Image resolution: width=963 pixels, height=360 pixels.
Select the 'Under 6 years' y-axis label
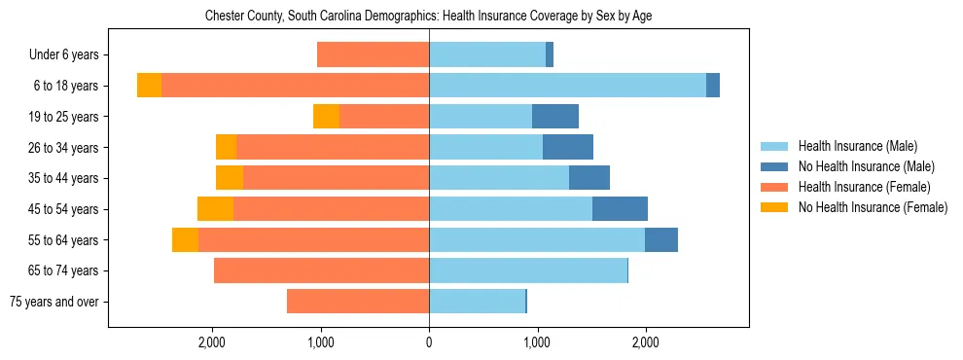[x=70, y=55]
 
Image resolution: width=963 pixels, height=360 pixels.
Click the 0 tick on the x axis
[x=429, y=342]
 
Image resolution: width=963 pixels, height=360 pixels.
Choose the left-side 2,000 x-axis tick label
[x=212, y=342]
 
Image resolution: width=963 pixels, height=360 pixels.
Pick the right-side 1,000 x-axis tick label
[x=537, y=342]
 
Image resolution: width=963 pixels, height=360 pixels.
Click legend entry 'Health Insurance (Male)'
[x=857, y=147]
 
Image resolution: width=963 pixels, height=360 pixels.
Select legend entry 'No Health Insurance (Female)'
[x=873, y=207]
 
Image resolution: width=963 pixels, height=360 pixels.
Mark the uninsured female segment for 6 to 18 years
[x=149, y=86]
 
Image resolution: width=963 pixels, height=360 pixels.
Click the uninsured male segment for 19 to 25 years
[x=555, y=117]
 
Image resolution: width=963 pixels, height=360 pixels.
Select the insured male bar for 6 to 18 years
[x=567, y=86]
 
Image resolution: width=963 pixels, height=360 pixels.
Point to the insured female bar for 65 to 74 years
[x=321, y=270]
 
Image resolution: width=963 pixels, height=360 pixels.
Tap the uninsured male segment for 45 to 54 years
[x=620, y=209]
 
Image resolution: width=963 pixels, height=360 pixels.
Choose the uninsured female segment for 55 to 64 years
[x=185, y=240]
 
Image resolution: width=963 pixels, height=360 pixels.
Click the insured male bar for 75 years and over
[x=477, y=302]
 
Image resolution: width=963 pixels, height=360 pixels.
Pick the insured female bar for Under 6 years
[x=373, y=55]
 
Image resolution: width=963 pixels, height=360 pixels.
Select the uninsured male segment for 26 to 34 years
[x=568, y=148]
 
